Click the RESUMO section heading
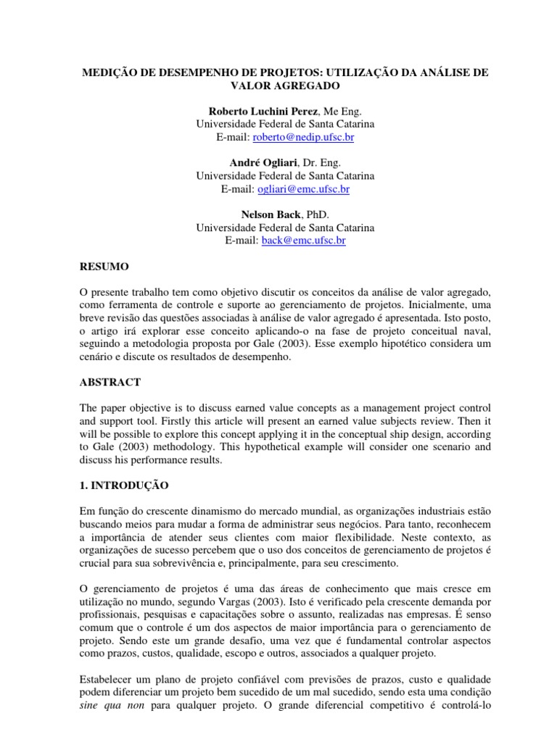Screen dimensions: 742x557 [104, 267]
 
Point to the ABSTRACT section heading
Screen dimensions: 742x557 [110, 381]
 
